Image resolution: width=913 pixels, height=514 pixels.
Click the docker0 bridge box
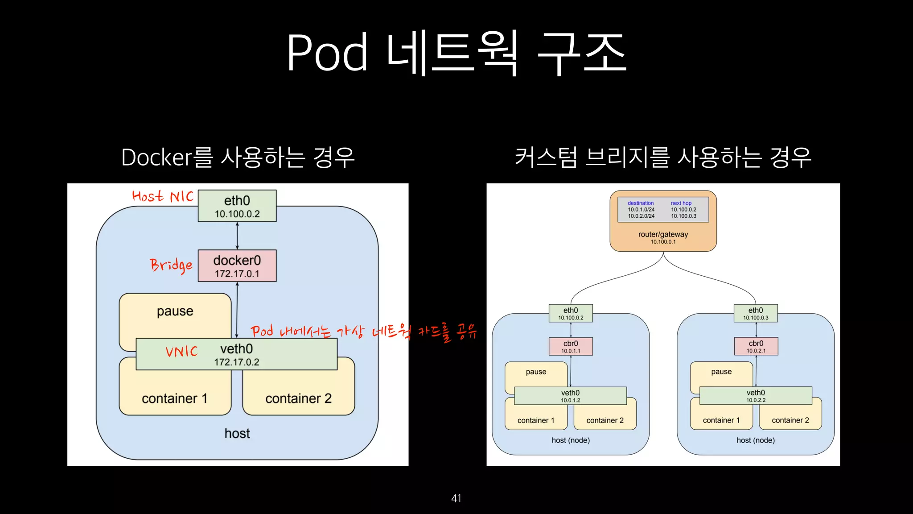click(x=237, y=266)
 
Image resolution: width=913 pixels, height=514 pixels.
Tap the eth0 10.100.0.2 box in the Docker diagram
click(x=237, y=206)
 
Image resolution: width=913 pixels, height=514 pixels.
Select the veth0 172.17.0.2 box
click(x=236, y=354)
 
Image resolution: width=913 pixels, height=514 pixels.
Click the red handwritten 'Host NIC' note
click(x=163, y=196)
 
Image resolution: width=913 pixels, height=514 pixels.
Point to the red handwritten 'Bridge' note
click(x=171, y=265)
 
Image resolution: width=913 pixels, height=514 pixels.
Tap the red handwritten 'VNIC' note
click(x=181, y=352)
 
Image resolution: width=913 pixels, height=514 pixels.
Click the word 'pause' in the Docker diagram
click(x=175, y=311)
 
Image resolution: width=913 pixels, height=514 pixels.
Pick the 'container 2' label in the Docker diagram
click(x=298, y=398)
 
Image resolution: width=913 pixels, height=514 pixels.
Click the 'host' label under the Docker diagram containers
click(x=237, y=433)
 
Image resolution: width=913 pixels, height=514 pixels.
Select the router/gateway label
click(x=663, y=234)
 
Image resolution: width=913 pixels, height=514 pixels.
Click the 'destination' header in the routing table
click(x=641, y=203)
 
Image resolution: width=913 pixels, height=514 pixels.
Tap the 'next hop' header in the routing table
click(x=681, y=203)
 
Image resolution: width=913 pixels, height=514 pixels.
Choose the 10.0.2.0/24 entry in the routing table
click(x=641, y=216)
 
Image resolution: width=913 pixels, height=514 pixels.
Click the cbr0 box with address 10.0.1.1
click(x=571, y=346)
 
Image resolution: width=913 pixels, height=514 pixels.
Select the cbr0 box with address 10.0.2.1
click(x=756, y=346)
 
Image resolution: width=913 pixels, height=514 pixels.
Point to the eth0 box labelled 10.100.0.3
click(x=756, y=313)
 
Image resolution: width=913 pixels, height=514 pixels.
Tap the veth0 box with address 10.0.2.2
click(x=756, y=396)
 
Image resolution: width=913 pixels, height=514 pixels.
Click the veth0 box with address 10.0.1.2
click(x=570, y=396)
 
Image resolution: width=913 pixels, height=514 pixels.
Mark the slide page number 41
click(x=456, y=498)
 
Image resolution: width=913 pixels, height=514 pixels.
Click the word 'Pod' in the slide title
click(x=327, y=53)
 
